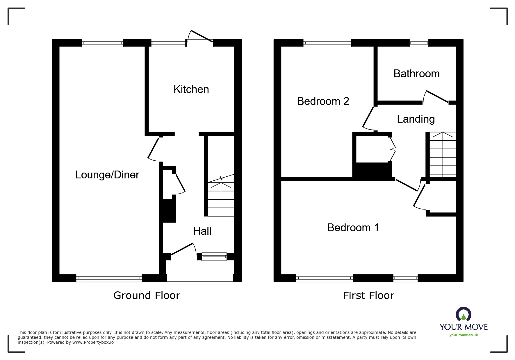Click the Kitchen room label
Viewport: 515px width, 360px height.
tap(191, 89)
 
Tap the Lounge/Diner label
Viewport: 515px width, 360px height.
tap(107, 175)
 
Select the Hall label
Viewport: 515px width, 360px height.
tap(202, 231)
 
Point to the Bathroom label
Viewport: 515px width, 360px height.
tap(416, 74)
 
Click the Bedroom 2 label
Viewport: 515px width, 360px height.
tap(323, 101)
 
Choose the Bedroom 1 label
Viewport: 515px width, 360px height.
tap(353, 228)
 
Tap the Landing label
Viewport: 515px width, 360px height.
tap(416, 119)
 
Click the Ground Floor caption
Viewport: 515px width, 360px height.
tap(147, 295)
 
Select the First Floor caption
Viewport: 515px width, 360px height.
tap(368, 295)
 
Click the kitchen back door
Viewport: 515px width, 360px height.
tap(201, 37)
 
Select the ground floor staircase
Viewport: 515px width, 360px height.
tap(221, 199)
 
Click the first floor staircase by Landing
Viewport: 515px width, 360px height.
tap(442, 155)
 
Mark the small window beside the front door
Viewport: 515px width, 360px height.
tap(214, 257)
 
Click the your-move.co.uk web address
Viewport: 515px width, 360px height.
tap(464, 335)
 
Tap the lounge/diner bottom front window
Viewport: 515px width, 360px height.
tap(109, 278)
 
